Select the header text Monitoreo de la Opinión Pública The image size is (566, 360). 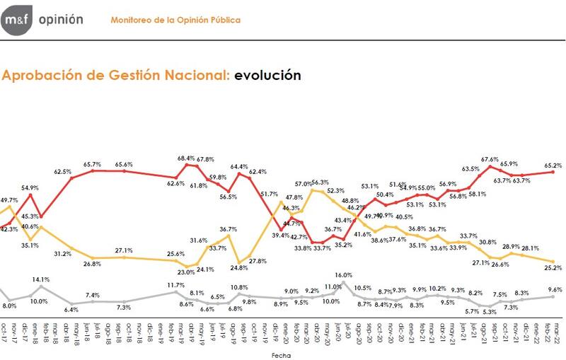coord(175,20)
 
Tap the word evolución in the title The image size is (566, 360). coord(267,75)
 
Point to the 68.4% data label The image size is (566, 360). coord(186,158)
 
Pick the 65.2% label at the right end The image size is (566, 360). coord(553,166)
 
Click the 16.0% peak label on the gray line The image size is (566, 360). coord(343,275)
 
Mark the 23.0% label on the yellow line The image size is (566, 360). coord(186,272)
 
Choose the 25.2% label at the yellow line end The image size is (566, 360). coord(553,268)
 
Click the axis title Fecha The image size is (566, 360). coord(282,356)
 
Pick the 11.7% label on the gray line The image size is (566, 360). coord(175,284)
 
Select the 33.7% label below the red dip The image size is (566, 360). coord(322,248)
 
